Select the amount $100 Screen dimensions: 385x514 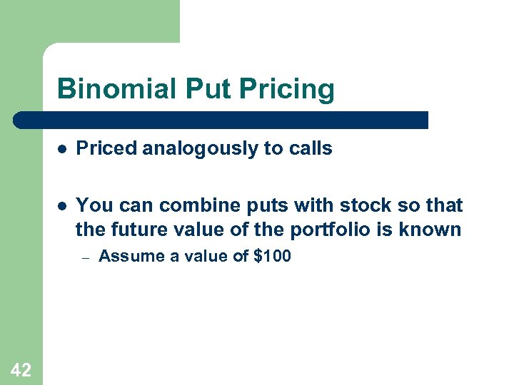point(272,256)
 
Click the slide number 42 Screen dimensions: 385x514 point(21,369)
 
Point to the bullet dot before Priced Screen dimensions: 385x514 point(63,149)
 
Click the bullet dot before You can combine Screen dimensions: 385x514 point(63,207)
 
